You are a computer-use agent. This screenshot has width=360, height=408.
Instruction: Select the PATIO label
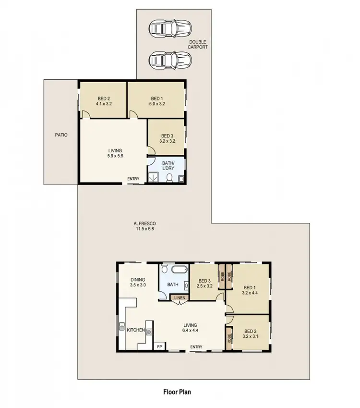tap(61, 135)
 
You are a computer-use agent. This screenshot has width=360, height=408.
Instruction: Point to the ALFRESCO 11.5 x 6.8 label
tap(144, 226)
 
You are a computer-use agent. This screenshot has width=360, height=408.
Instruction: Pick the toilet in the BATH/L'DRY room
tap(169, 178)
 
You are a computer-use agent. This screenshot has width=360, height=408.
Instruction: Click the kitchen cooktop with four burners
tap(149, 331)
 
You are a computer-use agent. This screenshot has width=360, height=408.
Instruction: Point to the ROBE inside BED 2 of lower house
tap(229, 336)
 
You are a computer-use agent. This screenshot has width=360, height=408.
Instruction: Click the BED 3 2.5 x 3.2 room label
tap(205, 284)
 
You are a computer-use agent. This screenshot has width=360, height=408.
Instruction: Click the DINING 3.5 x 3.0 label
tap(137, 282)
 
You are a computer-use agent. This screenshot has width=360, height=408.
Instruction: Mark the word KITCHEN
tap(136, 330)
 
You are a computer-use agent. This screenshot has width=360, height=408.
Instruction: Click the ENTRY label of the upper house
tap(133, 179)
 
